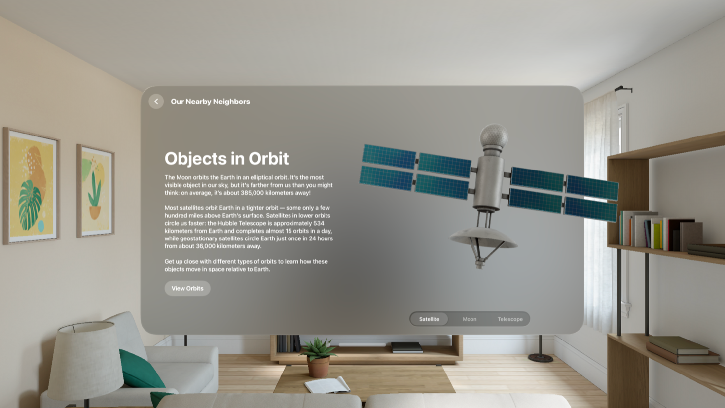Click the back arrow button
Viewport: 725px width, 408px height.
[156, 102]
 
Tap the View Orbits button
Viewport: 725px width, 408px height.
[187, 288]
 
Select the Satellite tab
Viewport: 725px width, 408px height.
[429, 319]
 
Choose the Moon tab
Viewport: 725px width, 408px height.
[470, 319]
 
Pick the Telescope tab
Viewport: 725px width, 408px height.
[510, 319]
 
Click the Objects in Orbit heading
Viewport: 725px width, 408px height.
[226, 158]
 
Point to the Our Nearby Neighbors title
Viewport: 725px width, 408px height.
[210, 102]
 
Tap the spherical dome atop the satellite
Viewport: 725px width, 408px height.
[494, 136]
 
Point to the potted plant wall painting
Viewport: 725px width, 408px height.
[95, 190]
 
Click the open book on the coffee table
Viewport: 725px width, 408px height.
[327, 385]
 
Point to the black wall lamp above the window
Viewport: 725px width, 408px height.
[623, 89]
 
